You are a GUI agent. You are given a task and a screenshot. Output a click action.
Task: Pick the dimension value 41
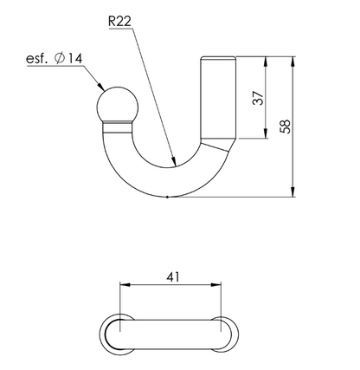(172, 277)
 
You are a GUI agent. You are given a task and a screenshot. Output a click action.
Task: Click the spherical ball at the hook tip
(113, 106)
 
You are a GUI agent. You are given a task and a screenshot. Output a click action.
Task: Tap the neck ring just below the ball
(113, 127)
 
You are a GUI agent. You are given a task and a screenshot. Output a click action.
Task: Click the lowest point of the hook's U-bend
(165, 196)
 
